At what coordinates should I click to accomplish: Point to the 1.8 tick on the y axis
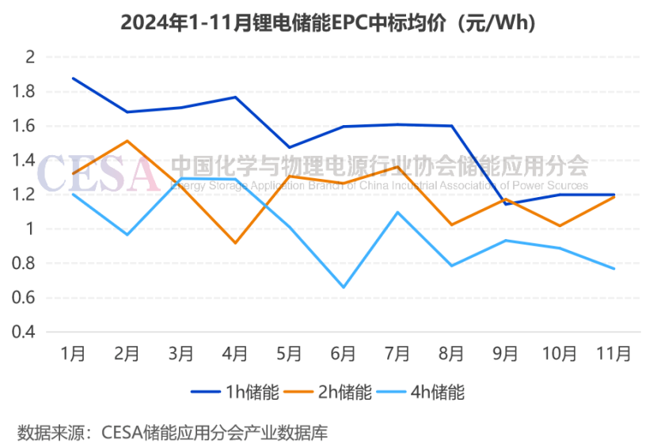(x=25, y=92)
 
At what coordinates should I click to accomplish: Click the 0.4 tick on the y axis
(x=25, y=332)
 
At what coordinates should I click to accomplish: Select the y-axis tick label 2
(x=30, y=57)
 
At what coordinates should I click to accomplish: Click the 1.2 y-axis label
(x=25, y=195)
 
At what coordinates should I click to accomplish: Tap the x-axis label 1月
(x=74, y=354)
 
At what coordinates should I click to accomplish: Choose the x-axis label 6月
(x=343, y=354)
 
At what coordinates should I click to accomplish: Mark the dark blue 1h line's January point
(x=74, y=78)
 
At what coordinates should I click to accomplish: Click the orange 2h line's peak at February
(x=127, y=141)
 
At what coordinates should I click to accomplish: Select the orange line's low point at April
(x=235, y=243)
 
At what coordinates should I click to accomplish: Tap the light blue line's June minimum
(x=343, y=287)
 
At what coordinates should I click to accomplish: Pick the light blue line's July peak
(x=397, y=212)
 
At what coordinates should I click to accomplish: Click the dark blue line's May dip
(x=289, y=147)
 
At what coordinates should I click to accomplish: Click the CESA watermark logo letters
(x=99, y=174)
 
